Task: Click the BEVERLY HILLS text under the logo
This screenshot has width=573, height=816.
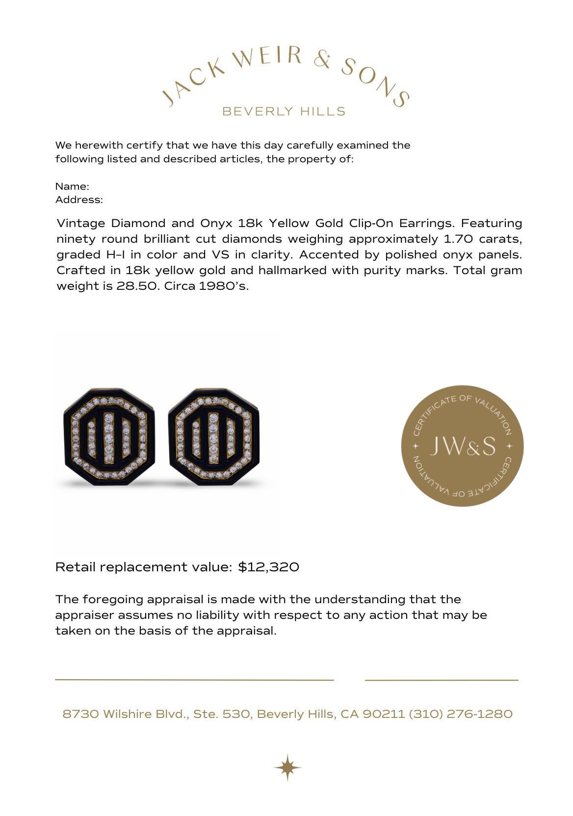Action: (284, 111)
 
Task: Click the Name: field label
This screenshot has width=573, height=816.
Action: (72, 186)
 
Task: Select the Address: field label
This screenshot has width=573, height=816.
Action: (79, 200)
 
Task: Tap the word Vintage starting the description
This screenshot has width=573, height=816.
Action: (81, 223)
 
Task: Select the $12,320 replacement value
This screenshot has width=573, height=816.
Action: (268, 567)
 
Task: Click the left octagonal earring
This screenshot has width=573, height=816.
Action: (109, 436)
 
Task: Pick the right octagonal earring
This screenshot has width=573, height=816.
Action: (214, 436)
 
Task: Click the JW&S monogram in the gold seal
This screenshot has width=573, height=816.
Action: (462, 446)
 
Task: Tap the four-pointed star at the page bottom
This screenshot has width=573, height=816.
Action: (287, 767)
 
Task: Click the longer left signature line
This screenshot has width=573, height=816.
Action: (194, 680)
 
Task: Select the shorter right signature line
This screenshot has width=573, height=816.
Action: (442, 680)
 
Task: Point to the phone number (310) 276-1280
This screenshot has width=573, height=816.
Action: (461, 714)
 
